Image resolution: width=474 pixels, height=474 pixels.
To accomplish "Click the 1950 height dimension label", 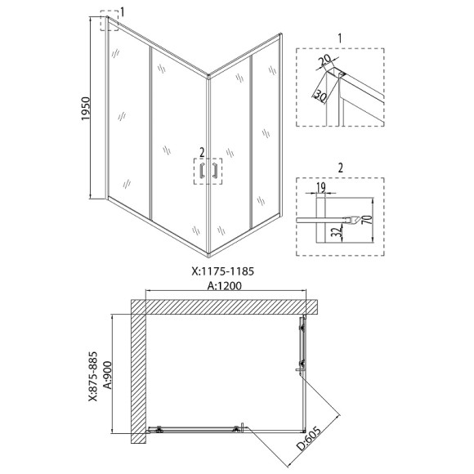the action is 86,109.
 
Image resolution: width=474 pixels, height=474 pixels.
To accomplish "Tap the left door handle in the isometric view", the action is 202,171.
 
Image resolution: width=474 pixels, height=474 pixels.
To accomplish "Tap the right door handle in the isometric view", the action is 215,171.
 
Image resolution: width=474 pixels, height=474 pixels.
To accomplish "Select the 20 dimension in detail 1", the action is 325,60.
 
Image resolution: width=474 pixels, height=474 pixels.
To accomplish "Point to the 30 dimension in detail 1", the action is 320,96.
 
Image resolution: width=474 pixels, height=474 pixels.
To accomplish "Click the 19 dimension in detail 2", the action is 321,188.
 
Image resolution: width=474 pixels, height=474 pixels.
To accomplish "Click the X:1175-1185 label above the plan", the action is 223,271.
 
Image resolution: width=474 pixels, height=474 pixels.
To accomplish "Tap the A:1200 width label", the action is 224,286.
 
